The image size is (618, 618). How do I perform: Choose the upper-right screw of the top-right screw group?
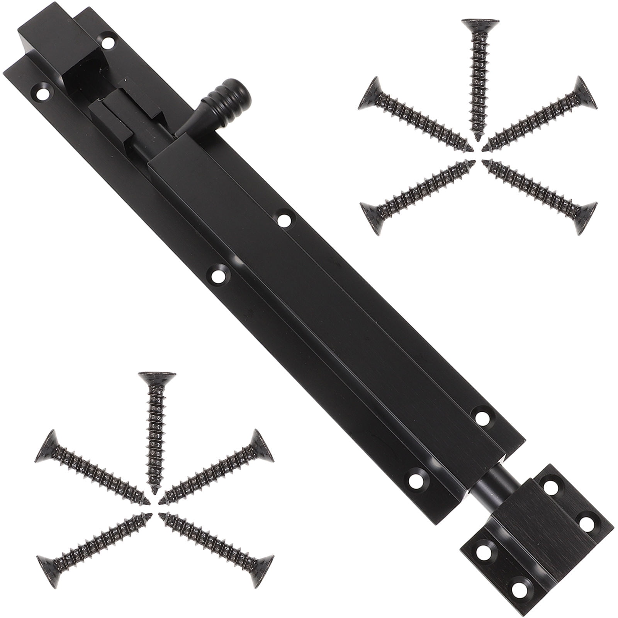(x=541, y=118)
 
